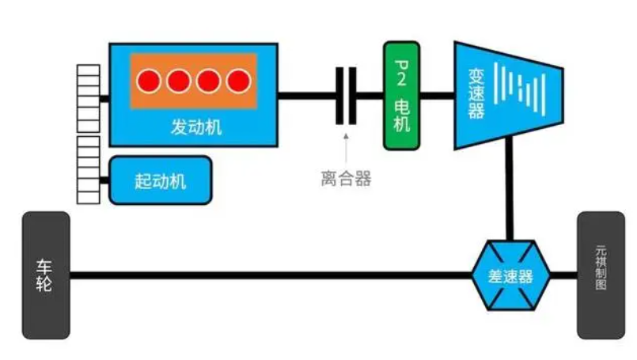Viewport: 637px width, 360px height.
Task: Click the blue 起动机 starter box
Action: coord(160,180)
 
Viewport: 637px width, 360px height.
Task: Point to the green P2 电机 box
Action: coord(401,97)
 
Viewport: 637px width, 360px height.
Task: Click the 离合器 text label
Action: coord(346,178)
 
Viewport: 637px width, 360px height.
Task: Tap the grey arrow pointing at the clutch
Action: coord(346,146)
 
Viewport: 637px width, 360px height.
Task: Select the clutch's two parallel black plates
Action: coord(346,97)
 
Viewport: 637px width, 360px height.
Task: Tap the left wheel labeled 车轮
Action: coord(46,275)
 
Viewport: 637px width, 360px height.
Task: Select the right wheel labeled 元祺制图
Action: coord(601,275)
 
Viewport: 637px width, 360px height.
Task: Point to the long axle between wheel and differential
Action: coord(269,276)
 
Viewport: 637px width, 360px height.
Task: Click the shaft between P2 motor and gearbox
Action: coord(437,97)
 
